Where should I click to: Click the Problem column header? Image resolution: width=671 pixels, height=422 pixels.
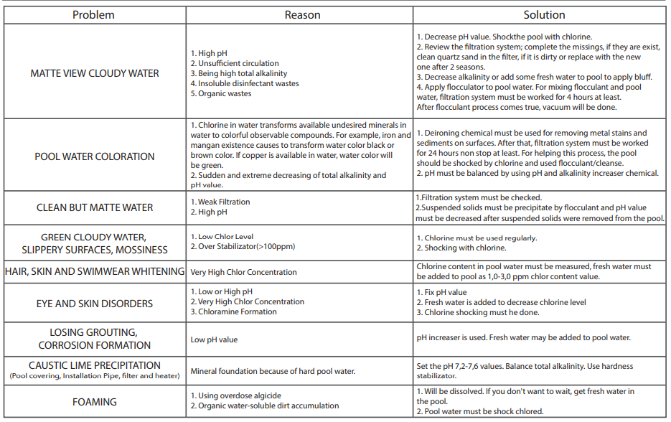(93, 15)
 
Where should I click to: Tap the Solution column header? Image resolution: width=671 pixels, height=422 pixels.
(543, 15)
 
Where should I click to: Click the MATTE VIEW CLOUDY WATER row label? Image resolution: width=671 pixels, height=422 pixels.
(95, 73)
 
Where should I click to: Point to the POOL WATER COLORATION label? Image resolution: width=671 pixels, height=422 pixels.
(95, 156)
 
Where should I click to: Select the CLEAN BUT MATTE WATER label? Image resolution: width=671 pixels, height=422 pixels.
(95, 207)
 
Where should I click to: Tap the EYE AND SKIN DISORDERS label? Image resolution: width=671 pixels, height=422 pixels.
(95, 304)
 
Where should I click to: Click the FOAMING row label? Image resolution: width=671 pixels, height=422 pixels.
(95, 402)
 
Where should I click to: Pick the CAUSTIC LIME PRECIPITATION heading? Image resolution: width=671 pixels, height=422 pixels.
(95, 365)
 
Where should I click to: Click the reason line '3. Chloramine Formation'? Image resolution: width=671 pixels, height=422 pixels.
(233, 312)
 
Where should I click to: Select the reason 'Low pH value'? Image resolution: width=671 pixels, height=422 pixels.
(214, 339)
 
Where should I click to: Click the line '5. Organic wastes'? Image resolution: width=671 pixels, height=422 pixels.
(221, 94)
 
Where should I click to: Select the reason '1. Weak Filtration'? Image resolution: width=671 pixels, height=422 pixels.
(220, 202)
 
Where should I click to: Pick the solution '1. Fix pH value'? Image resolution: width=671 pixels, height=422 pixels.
(441, 293)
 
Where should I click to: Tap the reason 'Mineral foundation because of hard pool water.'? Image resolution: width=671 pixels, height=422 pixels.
(273, 372)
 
